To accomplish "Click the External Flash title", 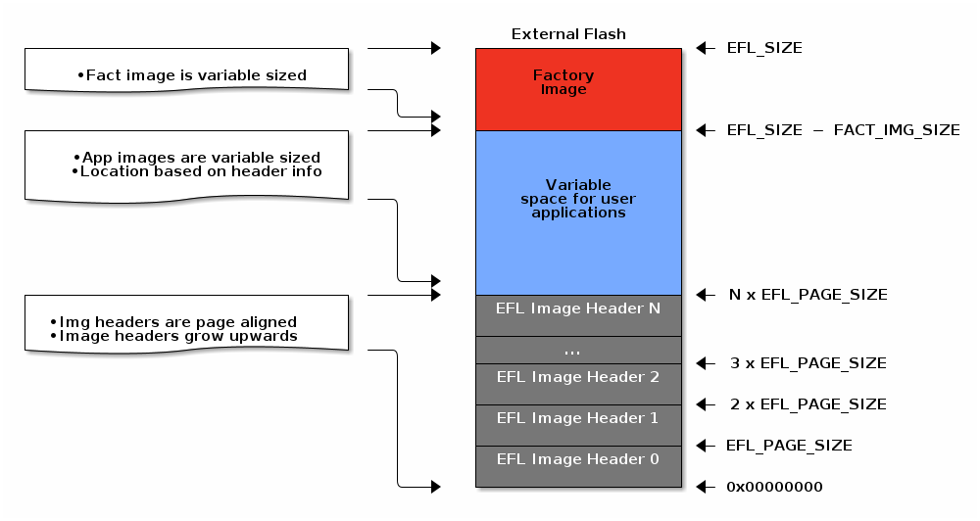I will (568, 34).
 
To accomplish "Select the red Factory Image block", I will (578, 89).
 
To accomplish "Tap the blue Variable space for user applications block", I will (578, 213).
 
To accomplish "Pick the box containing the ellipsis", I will (578, 350).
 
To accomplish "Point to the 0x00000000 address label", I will (774, 487).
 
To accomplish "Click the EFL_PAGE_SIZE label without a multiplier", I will (789, 446).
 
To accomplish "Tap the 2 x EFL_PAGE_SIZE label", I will (808, 404).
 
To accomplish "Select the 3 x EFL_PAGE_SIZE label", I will (808, 363).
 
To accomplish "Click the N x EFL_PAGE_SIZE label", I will (808, 295).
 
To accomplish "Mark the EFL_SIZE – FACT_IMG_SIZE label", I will (843, 130).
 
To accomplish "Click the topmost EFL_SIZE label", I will (764, 48).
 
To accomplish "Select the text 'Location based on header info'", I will (201, 171).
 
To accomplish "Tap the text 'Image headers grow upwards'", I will (178, 336).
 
